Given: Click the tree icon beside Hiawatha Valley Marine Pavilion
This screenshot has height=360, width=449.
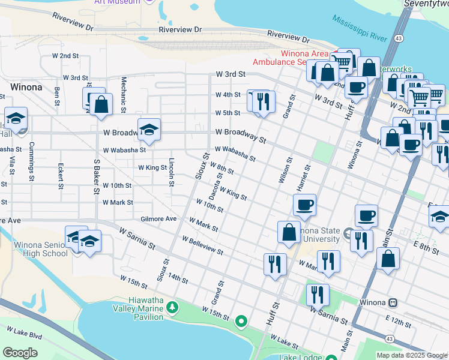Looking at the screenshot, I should point(173,308).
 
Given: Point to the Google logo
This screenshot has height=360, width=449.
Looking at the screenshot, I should point(19,353).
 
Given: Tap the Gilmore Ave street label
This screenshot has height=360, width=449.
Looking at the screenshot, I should point(158,219).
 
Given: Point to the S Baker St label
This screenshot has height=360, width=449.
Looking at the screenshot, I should point(96,176).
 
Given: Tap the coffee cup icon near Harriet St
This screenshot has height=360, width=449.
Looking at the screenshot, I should point(304,205).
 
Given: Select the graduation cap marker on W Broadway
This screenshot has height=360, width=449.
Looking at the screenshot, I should point(149,129).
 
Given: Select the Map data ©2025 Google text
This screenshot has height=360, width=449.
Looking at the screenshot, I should point(411,355).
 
